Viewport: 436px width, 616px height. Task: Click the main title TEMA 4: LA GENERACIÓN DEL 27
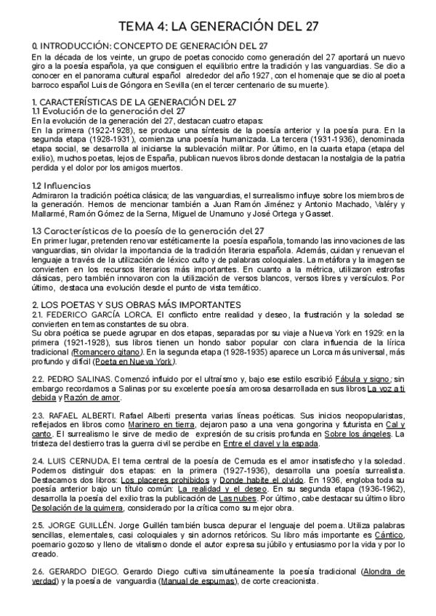pos(219,27)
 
